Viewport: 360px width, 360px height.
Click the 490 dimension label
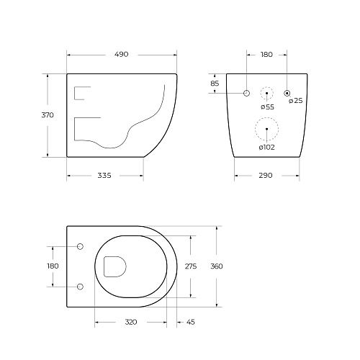[x=122, y=55]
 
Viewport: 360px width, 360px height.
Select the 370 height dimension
[x=48, y=115]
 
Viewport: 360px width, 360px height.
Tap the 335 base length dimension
[x=104, y=176]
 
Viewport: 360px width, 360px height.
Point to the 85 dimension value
[x=215, y=84]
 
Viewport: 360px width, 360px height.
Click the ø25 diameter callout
[x=296, y=101]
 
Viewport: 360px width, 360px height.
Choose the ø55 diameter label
[x=267, y=107]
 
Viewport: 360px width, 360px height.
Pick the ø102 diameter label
[x=266, y=148]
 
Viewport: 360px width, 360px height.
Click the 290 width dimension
[x=266, y=176]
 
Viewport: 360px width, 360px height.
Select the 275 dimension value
[x=191, y=266]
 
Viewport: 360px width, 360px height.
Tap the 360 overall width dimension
[x=217, y=266]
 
